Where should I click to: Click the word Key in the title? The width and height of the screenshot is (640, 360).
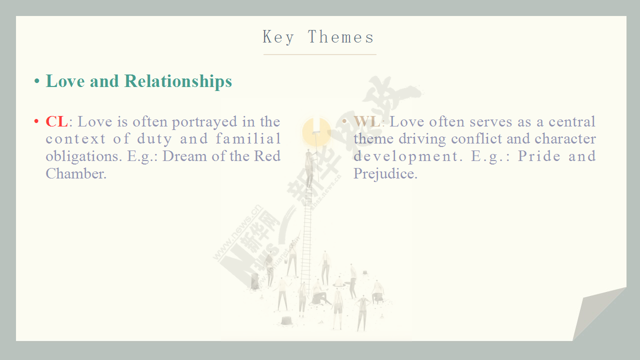click(x=278, y=37)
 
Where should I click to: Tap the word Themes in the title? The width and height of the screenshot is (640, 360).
click(x=341, y=37)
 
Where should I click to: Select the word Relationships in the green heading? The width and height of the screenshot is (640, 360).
click(x=178, y=81)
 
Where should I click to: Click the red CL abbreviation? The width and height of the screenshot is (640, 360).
click(x=56, y=121)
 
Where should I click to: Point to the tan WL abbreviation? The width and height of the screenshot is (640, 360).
click(x=367, y=121)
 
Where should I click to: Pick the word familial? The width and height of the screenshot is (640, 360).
click(x=248, y=139)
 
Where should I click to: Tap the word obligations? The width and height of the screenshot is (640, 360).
click(x=84, y=157)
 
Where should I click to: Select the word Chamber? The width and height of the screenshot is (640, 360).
click(x=76, y=173)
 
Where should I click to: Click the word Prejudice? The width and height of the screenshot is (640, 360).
click(x=385, y=174)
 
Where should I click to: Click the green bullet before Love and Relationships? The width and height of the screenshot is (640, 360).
click(x=36, y=81)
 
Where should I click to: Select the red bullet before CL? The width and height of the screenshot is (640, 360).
click(x=36, y=121)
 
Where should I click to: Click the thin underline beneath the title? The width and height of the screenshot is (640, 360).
click(x=319, y=54)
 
